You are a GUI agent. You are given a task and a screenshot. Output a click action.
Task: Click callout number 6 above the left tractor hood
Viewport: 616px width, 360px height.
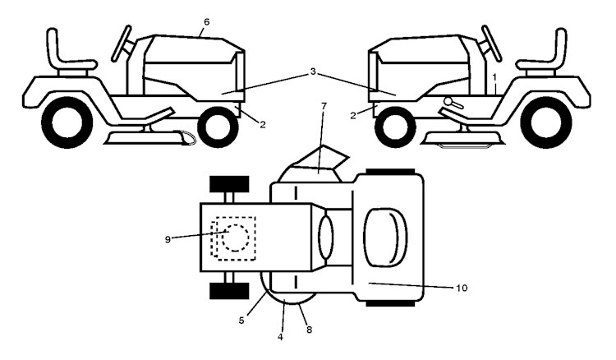(x=207, y=22)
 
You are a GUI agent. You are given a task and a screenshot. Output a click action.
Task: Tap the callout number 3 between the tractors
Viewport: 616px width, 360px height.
(x=313, y=72)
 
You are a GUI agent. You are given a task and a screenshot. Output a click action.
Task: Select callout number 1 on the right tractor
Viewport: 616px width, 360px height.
(x=494, y=76)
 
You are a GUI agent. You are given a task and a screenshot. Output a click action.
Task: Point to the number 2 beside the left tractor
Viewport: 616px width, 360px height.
(x=263, y=125)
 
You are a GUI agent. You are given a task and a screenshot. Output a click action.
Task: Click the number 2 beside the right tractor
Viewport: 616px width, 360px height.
(x=353, y=116)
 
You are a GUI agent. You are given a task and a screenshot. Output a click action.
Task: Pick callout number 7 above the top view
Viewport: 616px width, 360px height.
(x=324, y=106)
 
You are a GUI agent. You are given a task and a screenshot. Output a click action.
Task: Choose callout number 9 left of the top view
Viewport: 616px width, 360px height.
(x=168, y=239)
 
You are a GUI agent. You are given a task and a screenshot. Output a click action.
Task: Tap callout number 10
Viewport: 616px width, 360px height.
(x=462, y=288)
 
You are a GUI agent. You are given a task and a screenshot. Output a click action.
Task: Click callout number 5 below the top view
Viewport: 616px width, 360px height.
(x=241, y=321)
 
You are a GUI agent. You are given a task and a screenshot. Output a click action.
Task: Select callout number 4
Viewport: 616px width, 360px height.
(x=280, y=337)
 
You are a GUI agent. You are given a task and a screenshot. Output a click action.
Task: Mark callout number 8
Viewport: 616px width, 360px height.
(x=309, y=330)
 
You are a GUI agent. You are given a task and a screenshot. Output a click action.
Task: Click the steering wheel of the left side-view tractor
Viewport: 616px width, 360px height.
(x=122, y=44)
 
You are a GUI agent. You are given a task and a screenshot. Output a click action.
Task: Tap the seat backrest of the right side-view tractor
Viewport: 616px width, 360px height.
(x=560, y=44)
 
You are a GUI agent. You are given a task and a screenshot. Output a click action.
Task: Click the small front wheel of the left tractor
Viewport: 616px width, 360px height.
(x=218, y=127)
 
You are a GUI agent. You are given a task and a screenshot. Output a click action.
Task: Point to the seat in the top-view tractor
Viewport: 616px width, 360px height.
(x=385, y=238)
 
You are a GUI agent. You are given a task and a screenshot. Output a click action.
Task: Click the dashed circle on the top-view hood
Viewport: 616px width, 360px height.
(x=235, y=238)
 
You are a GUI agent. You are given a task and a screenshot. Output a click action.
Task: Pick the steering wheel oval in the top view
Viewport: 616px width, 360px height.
(x=326, y=238)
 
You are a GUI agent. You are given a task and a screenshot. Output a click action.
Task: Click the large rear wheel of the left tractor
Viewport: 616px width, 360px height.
(x=67, y=122)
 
